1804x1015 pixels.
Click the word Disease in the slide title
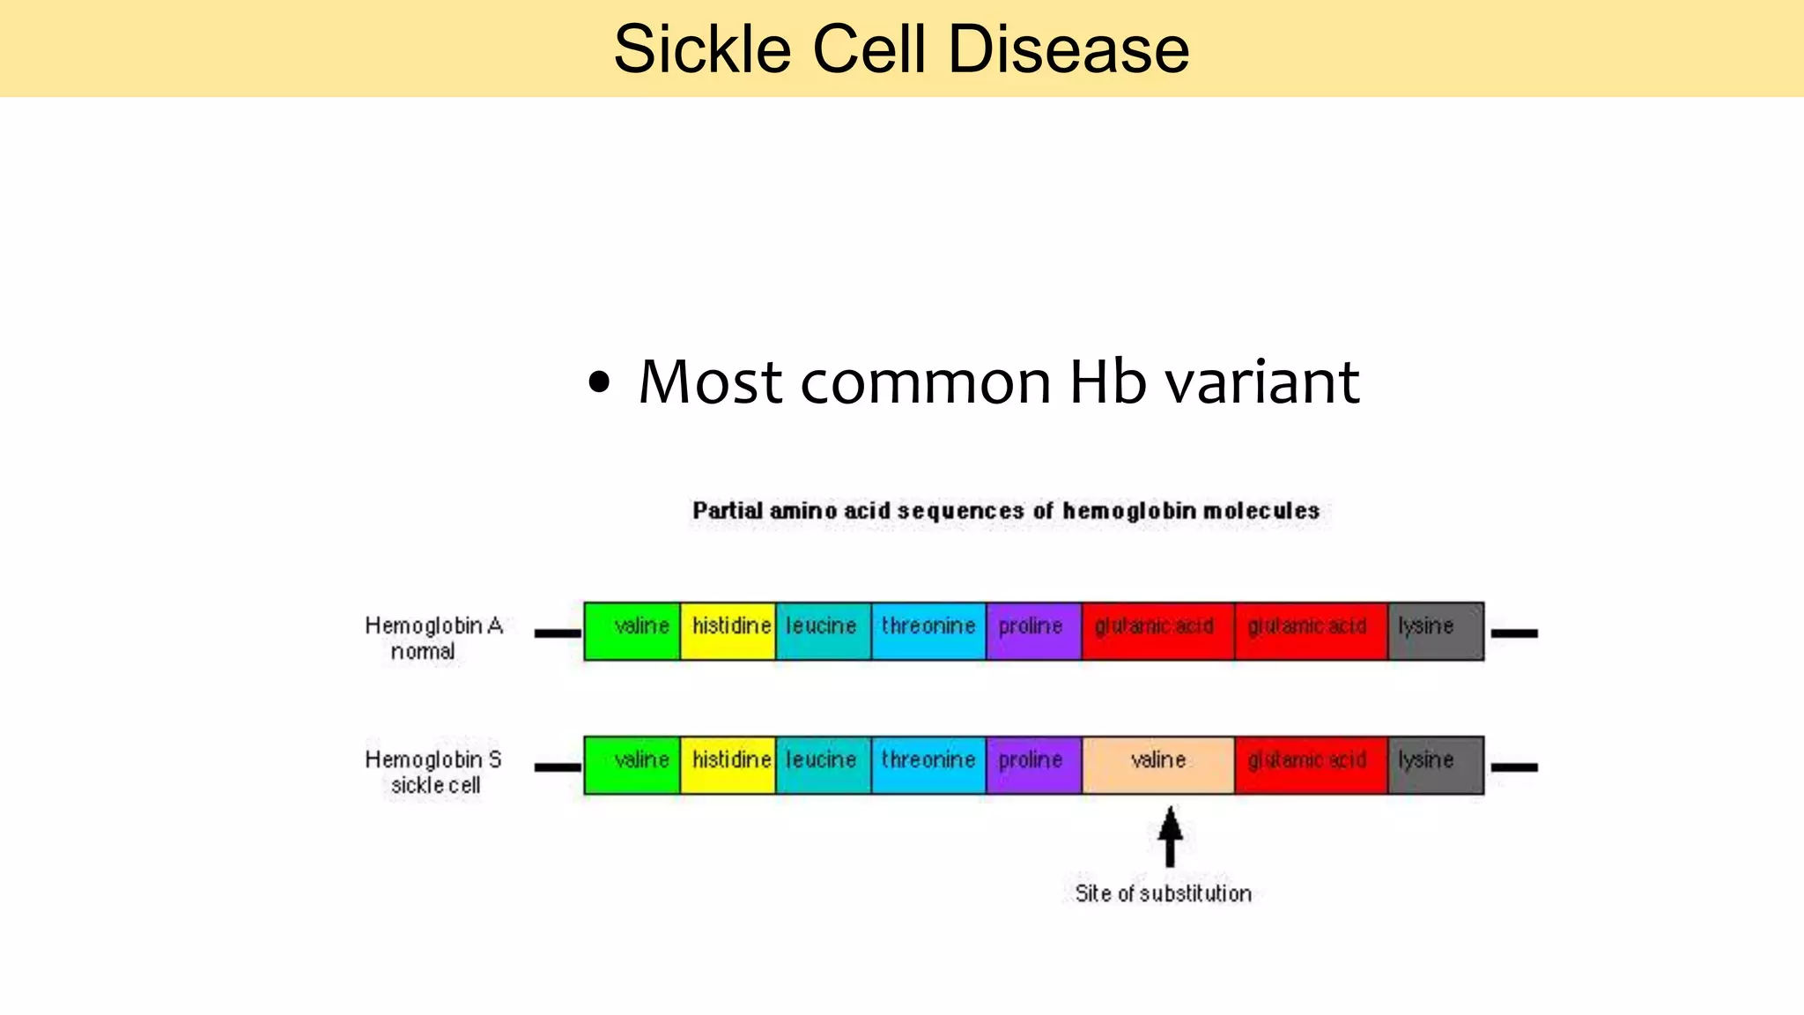[1068, 49]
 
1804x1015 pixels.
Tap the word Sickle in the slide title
[701, 49]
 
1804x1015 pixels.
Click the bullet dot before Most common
[599, 383]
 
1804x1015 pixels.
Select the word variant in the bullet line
[1261, 382]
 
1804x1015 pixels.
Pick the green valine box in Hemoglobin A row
[632, 631]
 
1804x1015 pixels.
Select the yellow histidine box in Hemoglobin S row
[728, 765]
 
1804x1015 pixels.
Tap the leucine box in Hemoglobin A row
[823, 631]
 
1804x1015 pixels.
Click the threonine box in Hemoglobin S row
[928, 765]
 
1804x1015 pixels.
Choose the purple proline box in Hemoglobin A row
[1033, 631]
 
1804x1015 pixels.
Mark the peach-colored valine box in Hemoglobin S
[1157, 765]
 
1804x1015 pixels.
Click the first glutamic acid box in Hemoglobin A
[1157, 631]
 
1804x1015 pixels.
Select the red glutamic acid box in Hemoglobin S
[1311, 765]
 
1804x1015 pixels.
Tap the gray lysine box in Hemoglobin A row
[1436, 631]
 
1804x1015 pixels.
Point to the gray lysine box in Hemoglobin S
[1436, 765]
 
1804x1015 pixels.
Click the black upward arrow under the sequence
[1170, 837]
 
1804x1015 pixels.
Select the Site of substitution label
[1163, 893]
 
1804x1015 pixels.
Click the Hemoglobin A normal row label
[433, 638]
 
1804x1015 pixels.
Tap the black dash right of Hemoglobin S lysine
[1514, 767]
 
